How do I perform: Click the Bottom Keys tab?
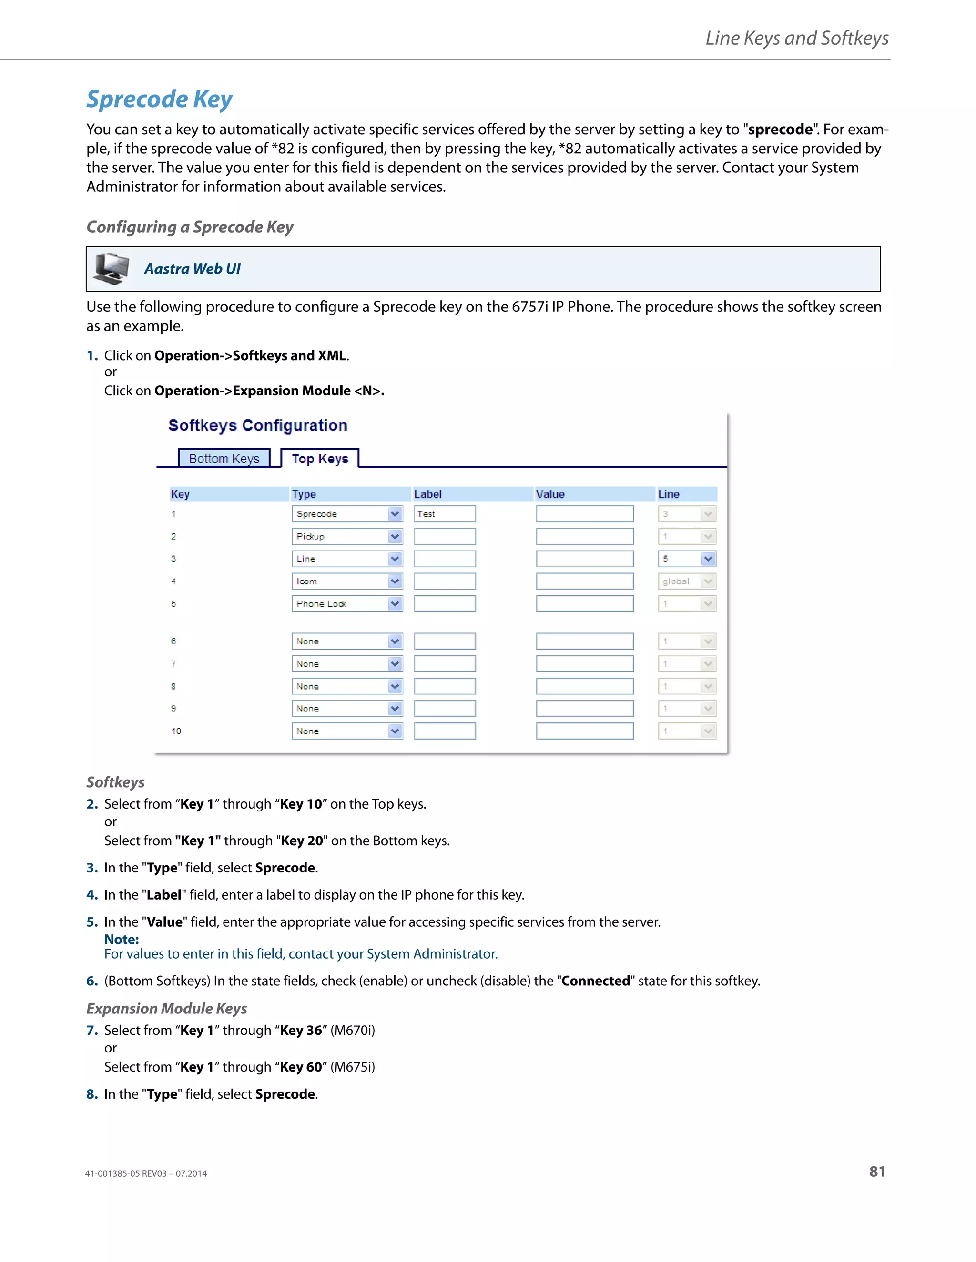click(x=224, y=458)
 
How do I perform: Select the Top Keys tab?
click(x=320, y=458)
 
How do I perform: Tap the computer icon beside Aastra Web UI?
click(x=112, y=269)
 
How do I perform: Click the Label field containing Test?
click(x=445, y=514)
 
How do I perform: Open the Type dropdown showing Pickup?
click(x=347, y=536)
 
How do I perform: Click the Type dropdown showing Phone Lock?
click(x=347, y=604)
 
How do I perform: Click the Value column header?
click(x=550, y=494)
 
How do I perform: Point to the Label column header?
click(x=428, y=494)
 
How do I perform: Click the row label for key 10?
click(x=176, y=731)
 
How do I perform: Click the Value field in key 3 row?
click(x=585, y=559)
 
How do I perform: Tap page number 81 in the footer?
click(x=876, y=1172)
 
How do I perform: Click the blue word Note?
click(x=122, y=939)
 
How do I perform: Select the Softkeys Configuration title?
click(x=258, y=425)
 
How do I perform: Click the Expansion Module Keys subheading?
click(x=166, y=1008)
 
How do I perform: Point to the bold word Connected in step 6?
click(x=596, y=981)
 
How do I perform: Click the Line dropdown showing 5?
click(x=687, y=559)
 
